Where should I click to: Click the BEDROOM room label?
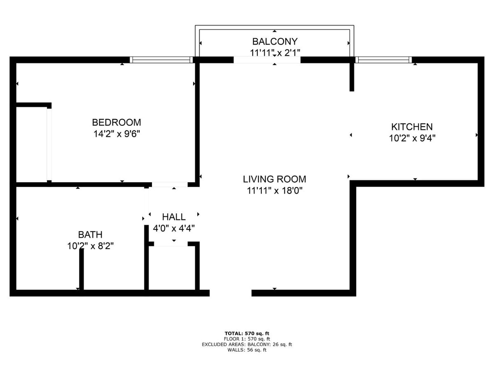click(117, 123)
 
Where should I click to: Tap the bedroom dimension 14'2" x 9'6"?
click(117, 134)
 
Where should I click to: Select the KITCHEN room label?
click(412, 127)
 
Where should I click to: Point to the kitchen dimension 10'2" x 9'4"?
click(412, 139)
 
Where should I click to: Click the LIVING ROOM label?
click(275, 179)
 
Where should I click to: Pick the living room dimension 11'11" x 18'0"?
click(275, 191)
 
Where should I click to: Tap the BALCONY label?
click(275, 42)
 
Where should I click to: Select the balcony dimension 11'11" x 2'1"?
click(275, 52)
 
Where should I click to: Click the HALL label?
click(174, 217)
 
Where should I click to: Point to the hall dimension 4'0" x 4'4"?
click(174, 228)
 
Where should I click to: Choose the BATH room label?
click(90, 235)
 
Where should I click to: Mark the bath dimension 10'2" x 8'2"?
click(90, 246)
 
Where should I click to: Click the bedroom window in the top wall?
click(161, 60)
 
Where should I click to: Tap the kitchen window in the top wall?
click(384, 60)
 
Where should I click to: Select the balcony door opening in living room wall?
click(267, 60)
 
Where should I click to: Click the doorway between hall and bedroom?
click(170, 185)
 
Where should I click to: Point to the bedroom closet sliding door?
click(49, 144)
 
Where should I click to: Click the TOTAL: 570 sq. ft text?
click(247, 333)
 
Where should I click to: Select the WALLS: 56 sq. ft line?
click(247, 350)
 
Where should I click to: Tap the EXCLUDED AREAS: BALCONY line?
click(247, 345)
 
